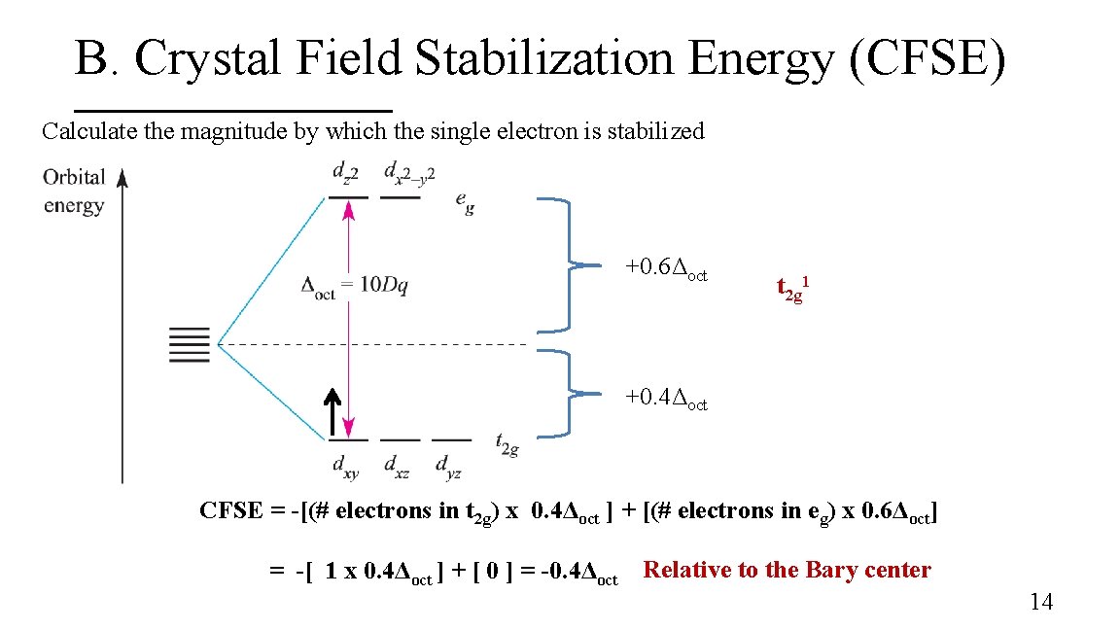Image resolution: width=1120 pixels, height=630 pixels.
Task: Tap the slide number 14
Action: coord(1040,602)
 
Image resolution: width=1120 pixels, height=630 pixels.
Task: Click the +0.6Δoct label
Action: coord(666,266)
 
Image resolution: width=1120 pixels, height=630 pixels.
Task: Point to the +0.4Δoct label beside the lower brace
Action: coord(666,398)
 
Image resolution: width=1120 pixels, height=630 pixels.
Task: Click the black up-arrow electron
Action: coord(332,412)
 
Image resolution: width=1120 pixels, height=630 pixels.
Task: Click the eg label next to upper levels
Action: coord(465,201)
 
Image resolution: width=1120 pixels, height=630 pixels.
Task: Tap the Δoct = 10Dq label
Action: coord(356,286)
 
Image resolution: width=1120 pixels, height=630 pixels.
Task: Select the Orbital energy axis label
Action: coord(74,191)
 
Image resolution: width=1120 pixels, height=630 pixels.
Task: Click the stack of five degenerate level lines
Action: coord(190,344)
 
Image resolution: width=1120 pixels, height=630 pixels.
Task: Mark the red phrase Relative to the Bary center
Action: coord(787,571)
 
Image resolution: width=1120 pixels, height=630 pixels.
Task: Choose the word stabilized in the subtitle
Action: coord(655,131)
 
